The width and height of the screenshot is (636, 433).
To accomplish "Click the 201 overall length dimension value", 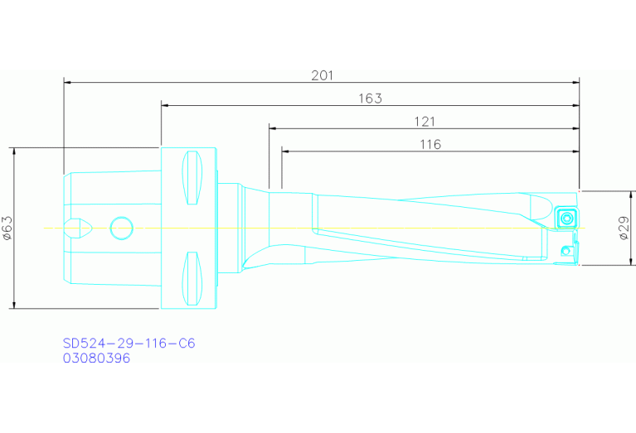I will [x=322, y=75].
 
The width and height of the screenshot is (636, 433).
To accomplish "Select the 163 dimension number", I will [x=370, y=98].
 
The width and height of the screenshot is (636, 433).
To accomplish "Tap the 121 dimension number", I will [x=425, y=121].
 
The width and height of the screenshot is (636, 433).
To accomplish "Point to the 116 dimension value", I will [x=430, y=144].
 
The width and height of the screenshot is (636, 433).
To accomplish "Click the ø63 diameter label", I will [x=7, y=228].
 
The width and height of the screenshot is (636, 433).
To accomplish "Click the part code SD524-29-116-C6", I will [x=129, y=343].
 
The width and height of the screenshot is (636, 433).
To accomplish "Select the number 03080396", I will [x=96, y=358].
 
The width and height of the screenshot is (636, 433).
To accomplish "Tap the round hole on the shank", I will [x=121, y=227].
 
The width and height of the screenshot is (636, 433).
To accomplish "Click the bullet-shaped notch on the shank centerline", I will [x=80, y=227].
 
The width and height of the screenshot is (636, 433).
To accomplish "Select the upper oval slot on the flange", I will [x=192, y=177].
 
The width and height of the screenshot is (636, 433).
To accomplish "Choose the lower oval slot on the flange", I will [x=192, y=278].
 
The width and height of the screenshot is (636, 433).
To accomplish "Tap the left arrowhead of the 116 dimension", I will [x=286, y=152].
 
